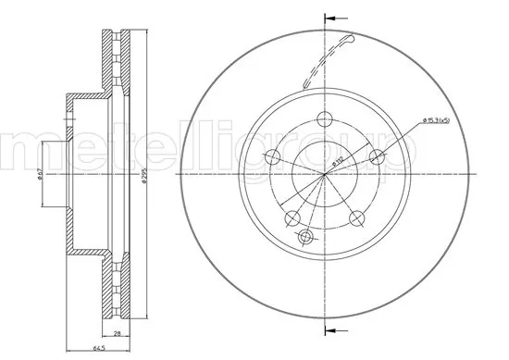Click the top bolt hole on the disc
[324, 119]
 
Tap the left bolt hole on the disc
[272, 156]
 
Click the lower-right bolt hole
[357, 218]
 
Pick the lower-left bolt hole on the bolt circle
[292, 218]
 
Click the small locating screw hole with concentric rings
[304, 238]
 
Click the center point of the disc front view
[325, 175]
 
